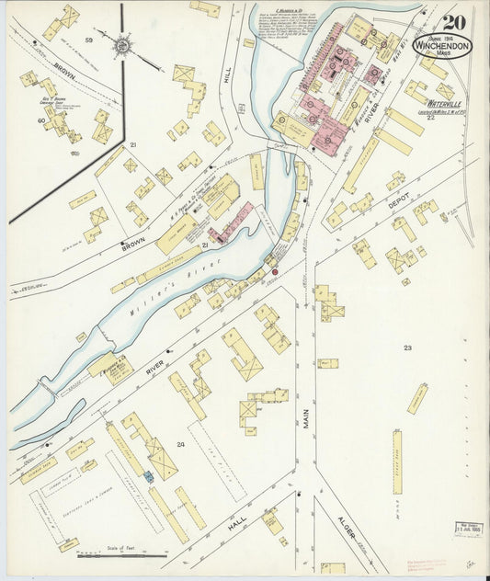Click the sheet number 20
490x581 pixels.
click(x=452, y=23)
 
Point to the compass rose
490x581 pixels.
click(x=121, y=42)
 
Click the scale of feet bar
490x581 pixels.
click(x=121, y=554)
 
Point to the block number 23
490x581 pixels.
click(x=407, y=347)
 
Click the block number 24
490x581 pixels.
click(x=181, y=444)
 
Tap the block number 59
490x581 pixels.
click(x=90, y=40)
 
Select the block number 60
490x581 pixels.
click(x=41, y=120)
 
